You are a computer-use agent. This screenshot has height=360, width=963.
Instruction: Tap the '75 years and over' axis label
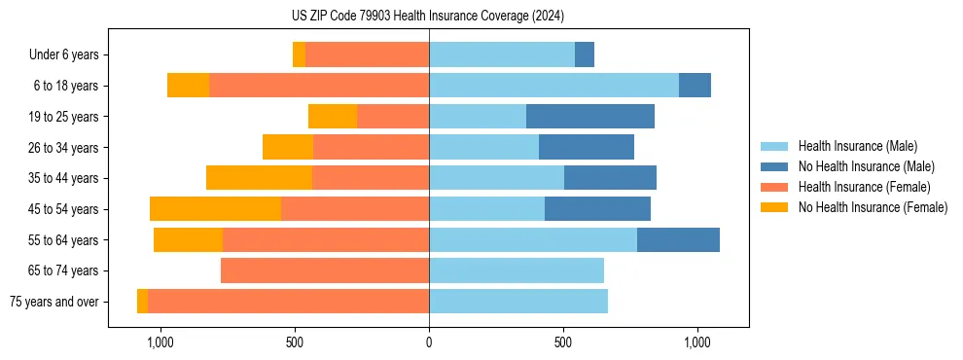point(53,302)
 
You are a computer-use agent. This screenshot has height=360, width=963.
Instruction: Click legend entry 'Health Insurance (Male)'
point(857,146)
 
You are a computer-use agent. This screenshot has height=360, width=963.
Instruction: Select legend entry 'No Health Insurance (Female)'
point(873,207)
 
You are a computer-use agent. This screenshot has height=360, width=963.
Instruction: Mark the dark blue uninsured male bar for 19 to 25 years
point(590,117)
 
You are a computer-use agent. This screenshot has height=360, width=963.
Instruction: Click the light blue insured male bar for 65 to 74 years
point(517,270)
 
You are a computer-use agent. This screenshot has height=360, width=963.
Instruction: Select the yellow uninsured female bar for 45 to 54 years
point(215,209)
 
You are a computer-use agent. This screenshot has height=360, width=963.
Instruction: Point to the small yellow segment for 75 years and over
point(142,302)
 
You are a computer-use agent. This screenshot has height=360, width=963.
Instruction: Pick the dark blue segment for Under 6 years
point(585,54)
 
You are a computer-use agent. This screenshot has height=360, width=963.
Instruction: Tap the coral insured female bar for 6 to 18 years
point(319,86)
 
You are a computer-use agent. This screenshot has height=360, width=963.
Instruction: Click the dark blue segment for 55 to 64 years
point(678,239)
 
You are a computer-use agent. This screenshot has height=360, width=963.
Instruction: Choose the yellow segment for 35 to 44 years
point(259,178)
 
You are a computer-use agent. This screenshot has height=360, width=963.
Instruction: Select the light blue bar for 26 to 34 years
point(483,147)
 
